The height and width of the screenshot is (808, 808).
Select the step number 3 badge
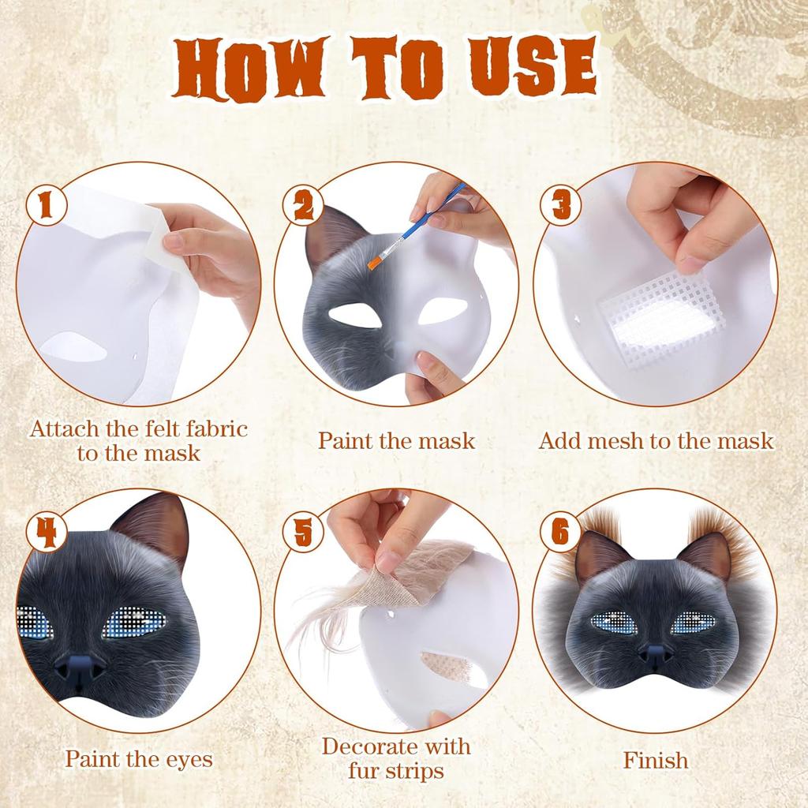(x=561, y=207)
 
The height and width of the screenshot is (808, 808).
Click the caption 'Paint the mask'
(x=396, y=440)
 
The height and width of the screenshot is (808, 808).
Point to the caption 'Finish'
(x=655, y=761)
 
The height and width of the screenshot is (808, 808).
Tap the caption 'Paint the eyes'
(x=139, y=759)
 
